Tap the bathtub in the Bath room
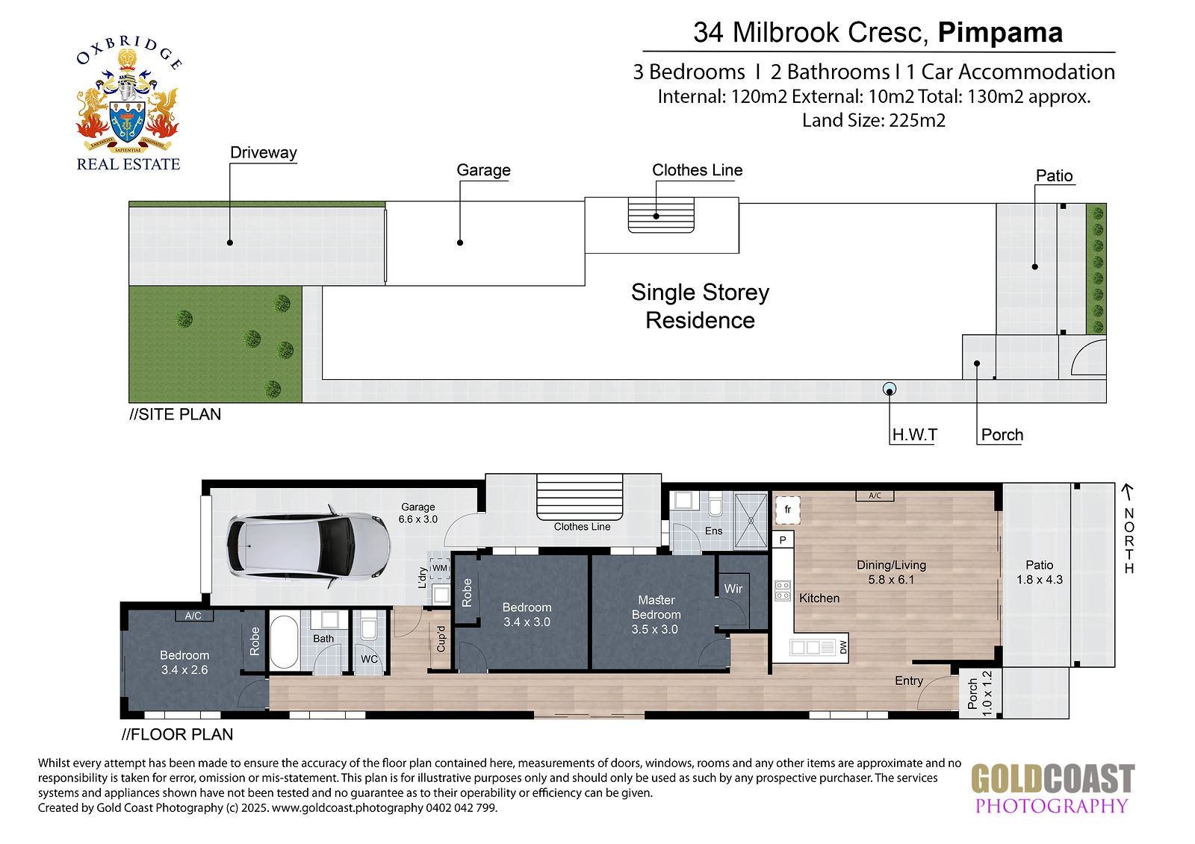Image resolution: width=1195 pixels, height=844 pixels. pos(284,643)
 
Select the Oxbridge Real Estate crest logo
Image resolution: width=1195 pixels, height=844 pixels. pos(128,104)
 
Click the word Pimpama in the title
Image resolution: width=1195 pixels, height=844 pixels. pos(1000,33)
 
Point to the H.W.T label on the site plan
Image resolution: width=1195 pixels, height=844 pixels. pos(914,435)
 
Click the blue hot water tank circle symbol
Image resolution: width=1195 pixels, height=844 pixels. pos(890,390)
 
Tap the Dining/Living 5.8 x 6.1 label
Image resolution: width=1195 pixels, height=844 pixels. pos(892,572)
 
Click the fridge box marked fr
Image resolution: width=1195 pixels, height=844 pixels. pos(787,510)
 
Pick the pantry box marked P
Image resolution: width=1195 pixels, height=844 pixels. pos(783,540)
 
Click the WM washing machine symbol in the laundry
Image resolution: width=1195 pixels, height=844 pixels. pos(439,569)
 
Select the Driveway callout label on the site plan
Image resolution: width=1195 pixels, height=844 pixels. pos(263,152)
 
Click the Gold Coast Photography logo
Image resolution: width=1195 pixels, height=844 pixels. pos(1052,787)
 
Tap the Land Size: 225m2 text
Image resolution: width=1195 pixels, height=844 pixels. pos(874,120)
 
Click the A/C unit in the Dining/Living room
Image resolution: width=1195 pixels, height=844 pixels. pos(875,496)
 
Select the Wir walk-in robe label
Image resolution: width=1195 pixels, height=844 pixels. pos(733,589)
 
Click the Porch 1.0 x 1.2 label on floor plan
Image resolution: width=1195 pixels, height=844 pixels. pos(980,694)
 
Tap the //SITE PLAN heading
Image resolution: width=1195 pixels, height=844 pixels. pos(175,414)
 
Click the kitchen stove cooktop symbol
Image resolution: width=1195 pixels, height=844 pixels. pos(783,591)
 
